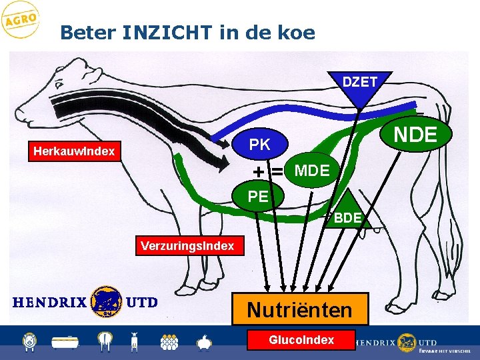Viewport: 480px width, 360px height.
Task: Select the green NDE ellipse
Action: pos(415,135)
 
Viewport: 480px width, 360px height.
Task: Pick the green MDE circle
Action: pos(311,171)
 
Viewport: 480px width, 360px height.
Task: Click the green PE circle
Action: pos(258,197)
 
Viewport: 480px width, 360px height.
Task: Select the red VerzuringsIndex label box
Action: pos(187,246)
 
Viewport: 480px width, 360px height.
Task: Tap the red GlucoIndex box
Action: pos(301,340)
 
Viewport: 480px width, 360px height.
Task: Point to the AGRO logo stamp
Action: pos(20,20)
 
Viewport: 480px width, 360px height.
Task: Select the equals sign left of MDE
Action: pos(275,171)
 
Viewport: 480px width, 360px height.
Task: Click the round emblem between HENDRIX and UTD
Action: pos(106,301)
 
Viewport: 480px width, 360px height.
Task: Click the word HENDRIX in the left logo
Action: pos(49,302)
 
